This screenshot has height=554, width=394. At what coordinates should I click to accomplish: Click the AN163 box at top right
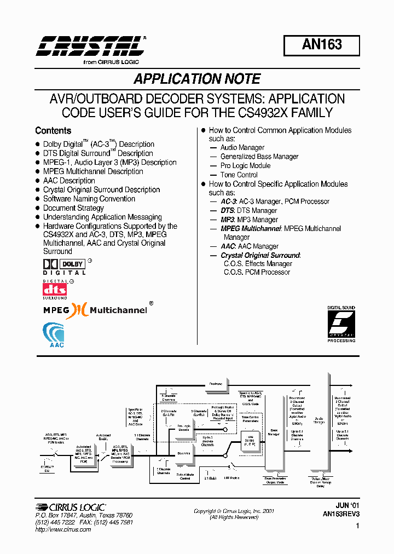321,45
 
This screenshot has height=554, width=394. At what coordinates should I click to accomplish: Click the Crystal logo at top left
91,48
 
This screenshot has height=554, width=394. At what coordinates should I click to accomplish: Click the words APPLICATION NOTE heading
197,79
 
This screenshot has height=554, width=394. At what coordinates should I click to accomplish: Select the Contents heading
53,131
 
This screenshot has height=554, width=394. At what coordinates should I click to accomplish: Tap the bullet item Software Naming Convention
89,199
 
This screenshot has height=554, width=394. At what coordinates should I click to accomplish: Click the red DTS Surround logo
55,289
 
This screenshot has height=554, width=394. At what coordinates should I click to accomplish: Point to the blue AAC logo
54,335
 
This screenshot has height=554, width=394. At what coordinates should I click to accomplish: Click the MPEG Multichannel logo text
95,310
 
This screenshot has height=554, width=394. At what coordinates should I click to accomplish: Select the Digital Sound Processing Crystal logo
341,324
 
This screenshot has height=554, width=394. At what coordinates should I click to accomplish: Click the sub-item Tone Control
239,175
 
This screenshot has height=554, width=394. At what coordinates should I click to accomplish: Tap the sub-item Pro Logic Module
245,165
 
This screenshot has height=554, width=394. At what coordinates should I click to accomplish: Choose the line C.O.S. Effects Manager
257,263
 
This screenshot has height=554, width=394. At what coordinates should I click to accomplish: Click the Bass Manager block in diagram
274,432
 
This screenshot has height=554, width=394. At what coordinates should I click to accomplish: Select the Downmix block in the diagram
183,453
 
